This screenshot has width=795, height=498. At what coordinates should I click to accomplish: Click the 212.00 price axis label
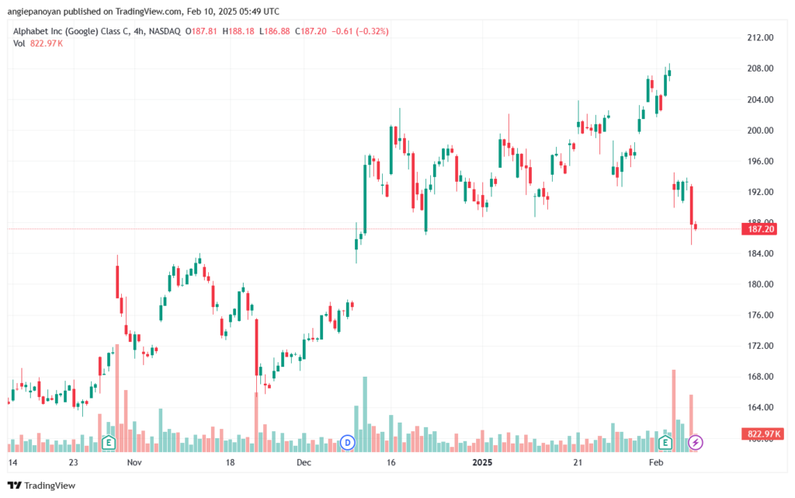pyautogui.click(x=761, y=37)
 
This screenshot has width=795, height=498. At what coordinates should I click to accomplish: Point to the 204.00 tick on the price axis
pyautogui.click(x=761, y=99)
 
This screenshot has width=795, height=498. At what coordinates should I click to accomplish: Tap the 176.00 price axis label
pyautogui.click(x=761, y=315)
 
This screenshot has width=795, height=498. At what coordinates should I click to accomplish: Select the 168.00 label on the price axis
pyautogui.click(x=761, y=376)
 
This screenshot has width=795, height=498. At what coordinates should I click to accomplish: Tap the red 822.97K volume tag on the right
pyautogui.click(x=762, y=434)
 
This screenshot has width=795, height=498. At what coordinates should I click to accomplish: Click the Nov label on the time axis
pyautogui.click(x=134, y=462)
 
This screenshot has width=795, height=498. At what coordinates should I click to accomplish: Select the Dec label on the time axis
pyautogui.click(x=304, y=462)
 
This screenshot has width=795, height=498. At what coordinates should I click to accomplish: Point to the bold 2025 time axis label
pyautogui.click(x=482, y=462)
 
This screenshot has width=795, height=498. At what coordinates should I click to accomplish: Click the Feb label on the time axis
pyautogui.click(x=656, y=462)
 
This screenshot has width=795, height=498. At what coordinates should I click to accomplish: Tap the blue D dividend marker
pyautogui.click(x=347, y=443)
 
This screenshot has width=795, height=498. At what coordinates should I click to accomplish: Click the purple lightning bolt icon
pyautogui.click(x=695, y=443)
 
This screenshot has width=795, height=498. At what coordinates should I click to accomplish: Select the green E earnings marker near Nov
pyautogui.click(x=108, y=443)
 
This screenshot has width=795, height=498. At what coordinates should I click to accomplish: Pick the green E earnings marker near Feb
pyautogui.click(x=665, y=443)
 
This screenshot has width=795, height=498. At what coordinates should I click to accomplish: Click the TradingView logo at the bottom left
pyautogui.click(x=42, y=486)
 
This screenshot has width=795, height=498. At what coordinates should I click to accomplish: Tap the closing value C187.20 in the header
pyautogui.click(x=311, y=31)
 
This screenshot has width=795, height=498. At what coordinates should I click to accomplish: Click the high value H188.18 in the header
pyautogui.click(x=238, y=31)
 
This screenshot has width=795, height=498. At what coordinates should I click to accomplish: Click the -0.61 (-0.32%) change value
pyautogui.click(x=360, y=31)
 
